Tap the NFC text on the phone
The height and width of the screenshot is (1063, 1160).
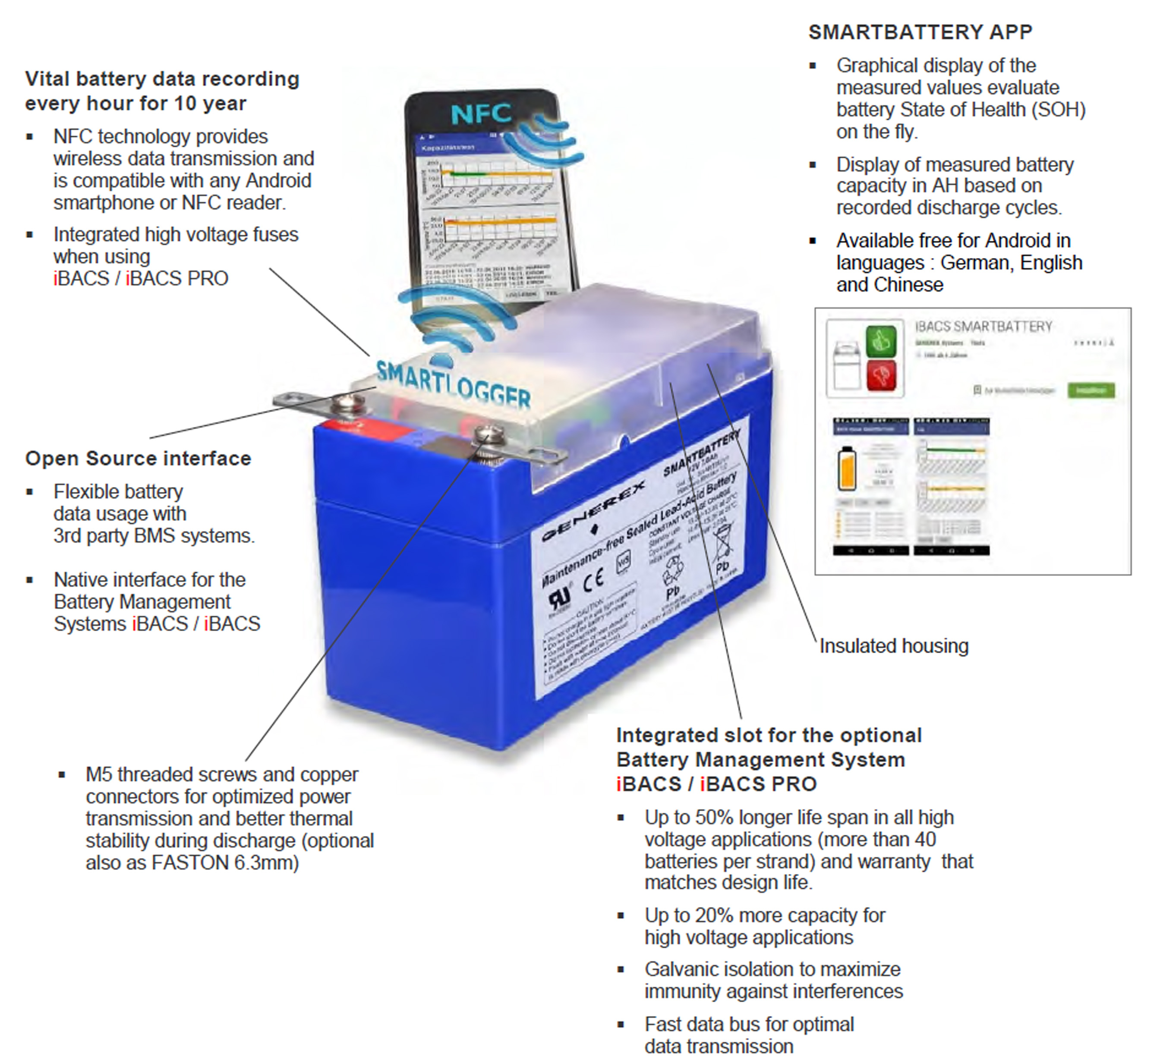point(481,113)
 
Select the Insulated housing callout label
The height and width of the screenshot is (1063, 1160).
point(894,646)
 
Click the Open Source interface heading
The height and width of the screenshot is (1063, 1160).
point(138,459)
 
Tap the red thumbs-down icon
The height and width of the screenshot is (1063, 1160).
point(881,377)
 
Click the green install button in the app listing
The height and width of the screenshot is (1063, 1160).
point(1091,390)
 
